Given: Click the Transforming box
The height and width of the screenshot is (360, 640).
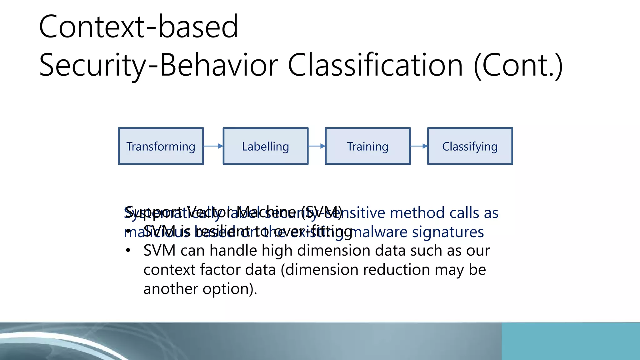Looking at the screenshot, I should [x=161, y=146].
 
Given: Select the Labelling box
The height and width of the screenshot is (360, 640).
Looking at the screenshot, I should [x=265, y=146].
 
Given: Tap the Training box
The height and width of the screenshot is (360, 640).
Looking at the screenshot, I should [x=367, y=146].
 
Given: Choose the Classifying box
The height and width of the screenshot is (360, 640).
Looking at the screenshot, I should [x=470, y=146].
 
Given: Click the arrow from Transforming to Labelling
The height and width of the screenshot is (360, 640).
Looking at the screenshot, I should [x=213, y=146].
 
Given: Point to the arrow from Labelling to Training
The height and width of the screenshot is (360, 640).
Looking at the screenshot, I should [x=317, y=146].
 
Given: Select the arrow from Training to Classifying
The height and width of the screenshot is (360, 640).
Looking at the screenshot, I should [x=419, y=146].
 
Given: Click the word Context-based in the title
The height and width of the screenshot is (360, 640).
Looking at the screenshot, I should [x=138, y=27].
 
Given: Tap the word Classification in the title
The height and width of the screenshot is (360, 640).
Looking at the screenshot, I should [x=375, y=65].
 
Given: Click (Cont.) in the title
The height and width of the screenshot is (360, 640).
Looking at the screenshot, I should [x=518, y=65].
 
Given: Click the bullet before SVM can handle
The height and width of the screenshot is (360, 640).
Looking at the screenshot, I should [x=128, y=251].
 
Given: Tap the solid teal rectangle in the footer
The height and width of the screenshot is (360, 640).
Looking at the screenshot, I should [x=571, y=341].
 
